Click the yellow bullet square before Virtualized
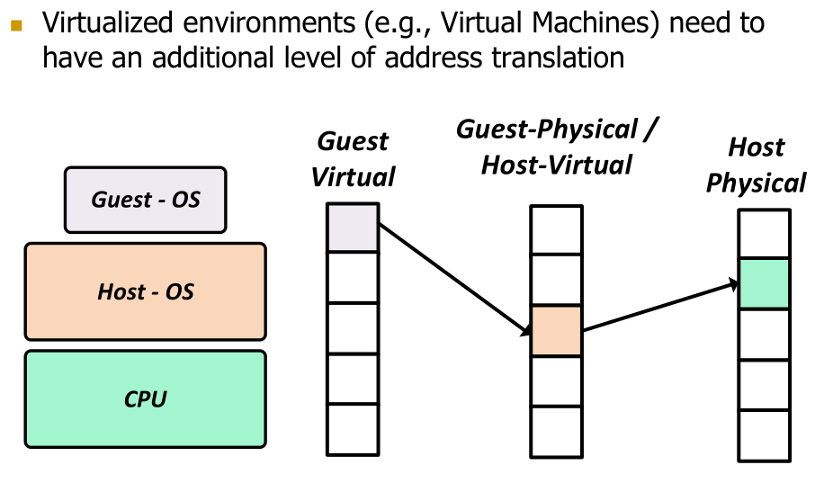pos(15,24)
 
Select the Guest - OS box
pos(145,199)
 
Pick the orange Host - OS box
pos(145,291)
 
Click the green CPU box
pos(145,398)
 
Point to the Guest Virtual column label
pos(353,158)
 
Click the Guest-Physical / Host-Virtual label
pos(557,147)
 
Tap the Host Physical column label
pos(756,165)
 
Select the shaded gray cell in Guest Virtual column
pos(353,227)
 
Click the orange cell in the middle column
pos(556,330)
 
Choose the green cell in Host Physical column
pos(764,283)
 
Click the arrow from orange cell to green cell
pos(660,307)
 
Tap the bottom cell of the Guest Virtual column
pos(353,430)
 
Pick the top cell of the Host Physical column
pos(764,234)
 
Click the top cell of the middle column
pos(556,230)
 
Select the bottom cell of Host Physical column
pos(764,435)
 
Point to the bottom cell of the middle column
pos(556,431)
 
